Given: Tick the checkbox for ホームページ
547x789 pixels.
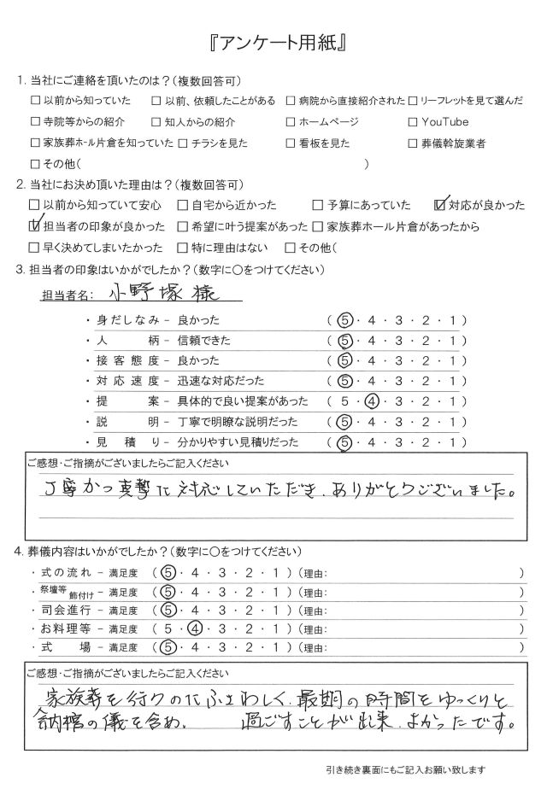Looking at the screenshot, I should coord(291,122).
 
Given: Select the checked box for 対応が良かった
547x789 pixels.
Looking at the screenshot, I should coord(441,205).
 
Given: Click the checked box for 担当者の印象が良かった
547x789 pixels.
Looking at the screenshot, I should coord(35,226).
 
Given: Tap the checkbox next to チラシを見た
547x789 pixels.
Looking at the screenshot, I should coord(182,143).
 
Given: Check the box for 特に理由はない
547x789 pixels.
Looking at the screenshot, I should coord(182,248).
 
